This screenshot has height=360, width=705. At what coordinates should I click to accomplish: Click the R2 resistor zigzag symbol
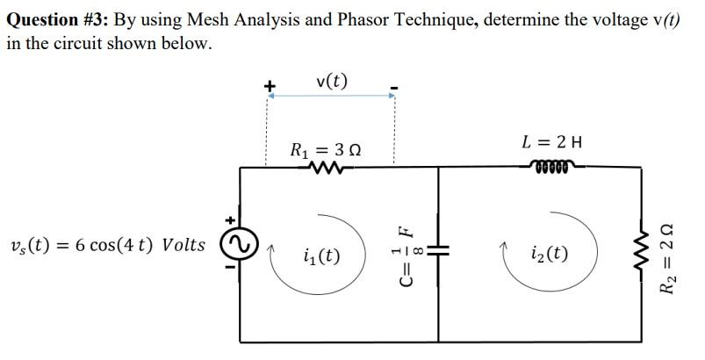(x=652, y=250)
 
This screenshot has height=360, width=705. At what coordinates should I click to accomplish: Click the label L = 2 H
(x=552, y=140)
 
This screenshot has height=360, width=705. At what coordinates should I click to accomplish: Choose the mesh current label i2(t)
(x=550, y=255)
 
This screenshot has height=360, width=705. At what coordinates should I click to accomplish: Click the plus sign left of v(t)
(x=270, y=86)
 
